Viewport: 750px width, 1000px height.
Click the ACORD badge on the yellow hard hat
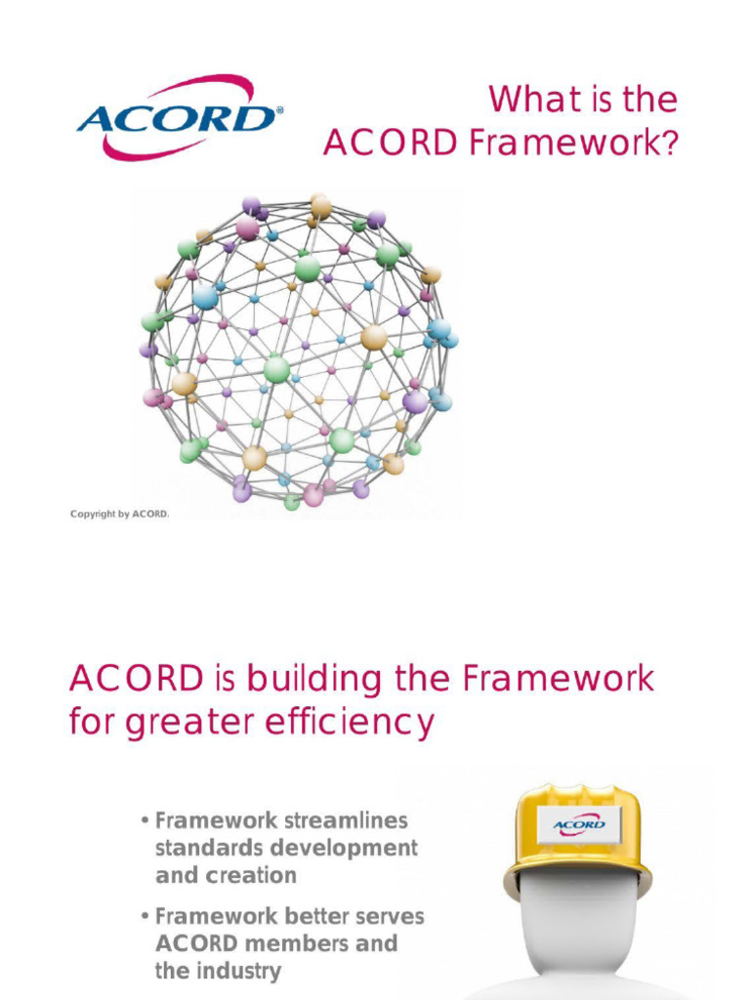579,825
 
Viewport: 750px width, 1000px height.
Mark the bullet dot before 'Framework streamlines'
145,820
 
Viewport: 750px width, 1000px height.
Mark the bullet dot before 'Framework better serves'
145,917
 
